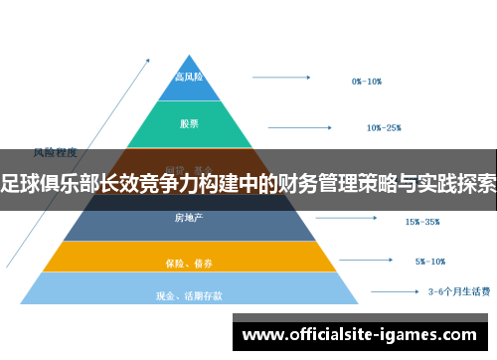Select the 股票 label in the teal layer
tap(189, 124)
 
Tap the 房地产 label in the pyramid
tap(189, 217)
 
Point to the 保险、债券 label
tap(189, 264)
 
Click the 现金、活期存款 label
tap(189, 295)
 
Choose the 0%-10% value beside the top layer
tap(367, 82)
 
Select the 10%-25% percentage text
tap(384, 127)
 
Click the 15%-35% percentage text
tap(422, 222)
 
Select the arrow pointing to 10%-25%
tap(303, 125)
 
